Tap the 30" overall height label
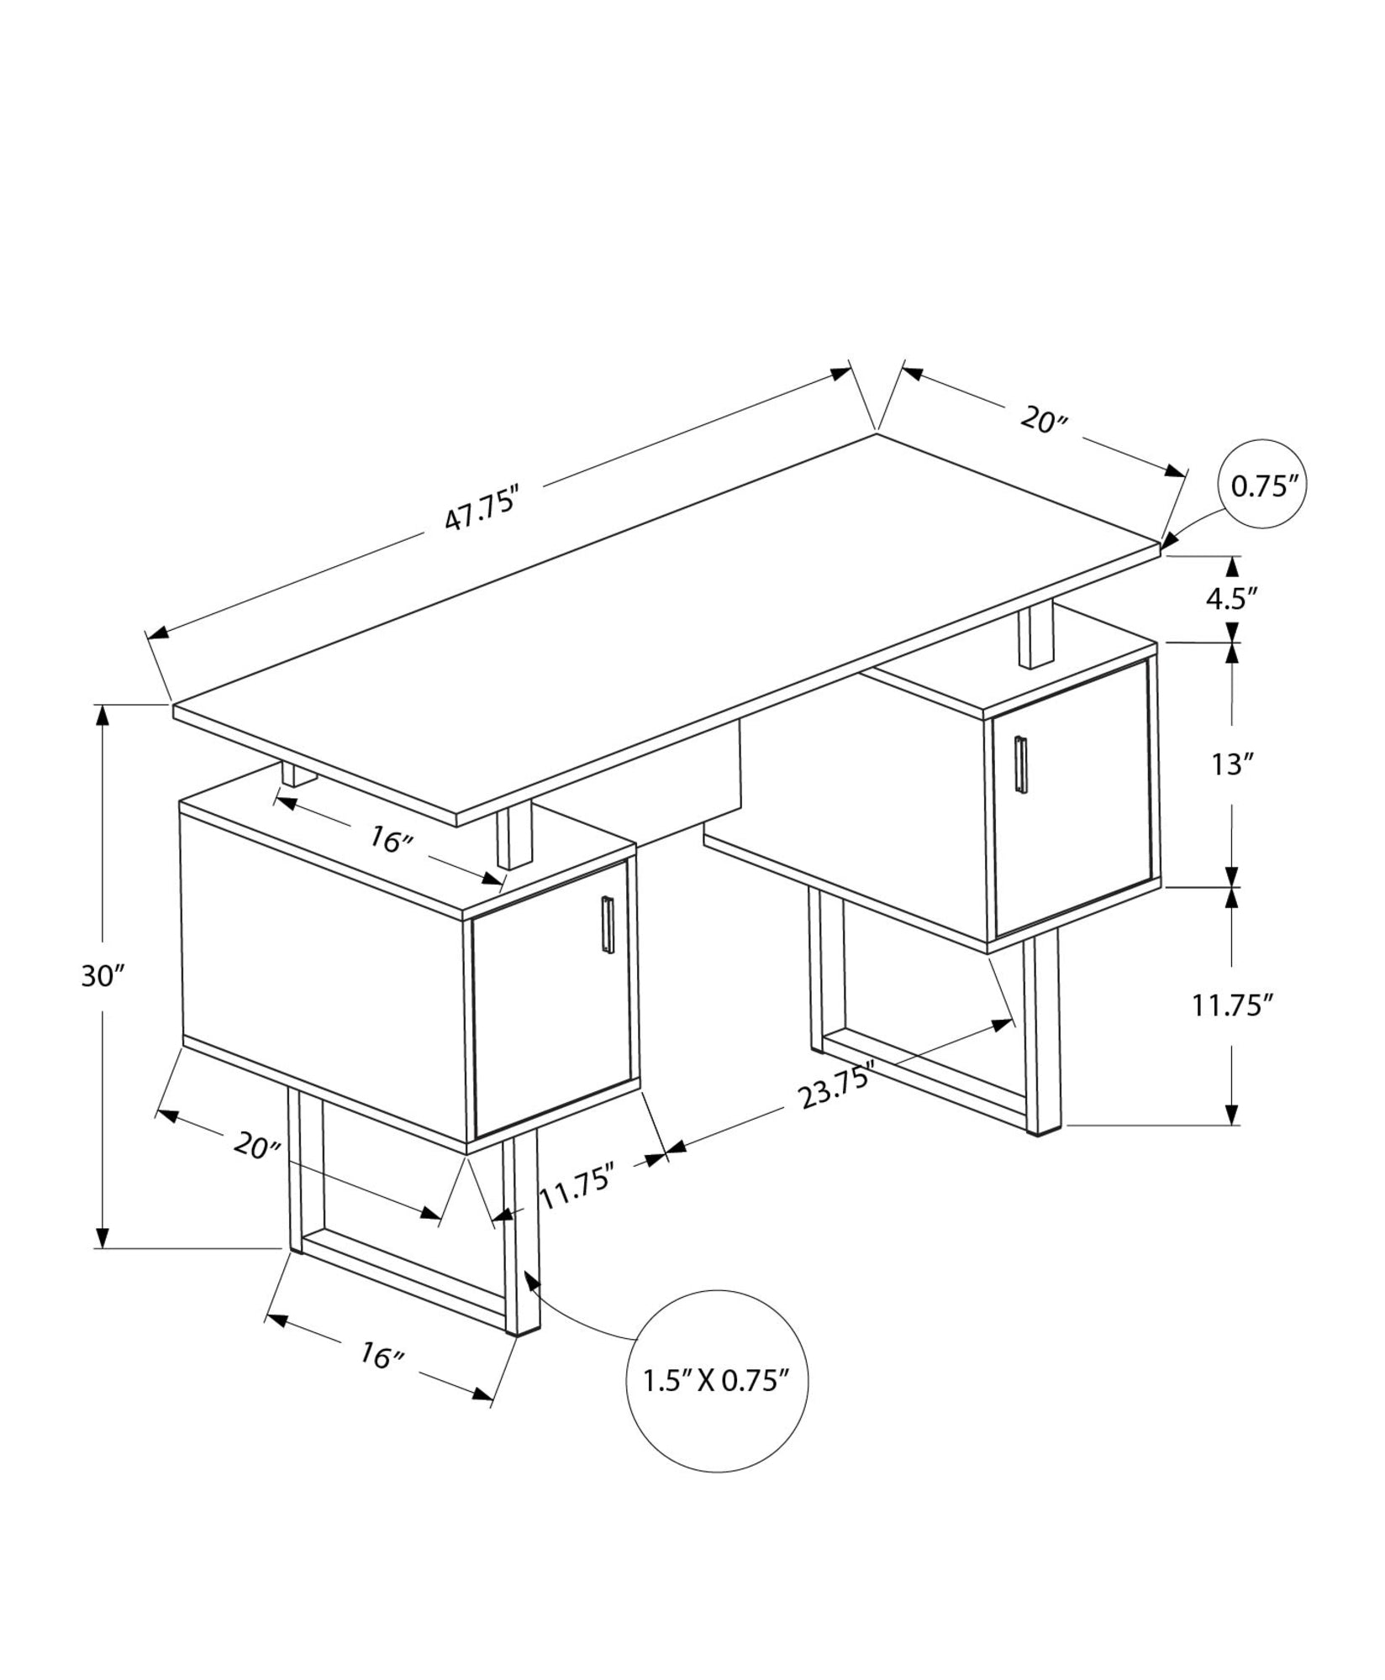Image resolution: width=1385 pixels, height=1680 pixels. tap(103, 976)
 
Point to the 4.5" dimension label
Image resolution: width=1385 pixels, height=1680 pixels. tap(1231, 597)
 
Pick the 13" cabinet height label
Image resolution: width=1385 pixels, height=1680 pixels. tap(1231, 764)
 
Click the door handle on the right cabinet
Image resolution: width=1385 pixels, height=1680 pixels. tap(1020, 763)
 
